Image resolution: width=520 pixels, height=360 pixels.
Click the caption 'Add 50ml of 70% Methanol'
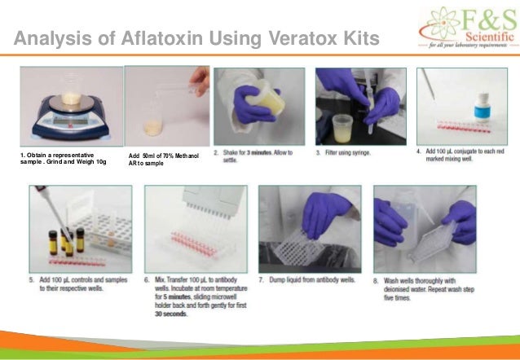click(x=163, y=155)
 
